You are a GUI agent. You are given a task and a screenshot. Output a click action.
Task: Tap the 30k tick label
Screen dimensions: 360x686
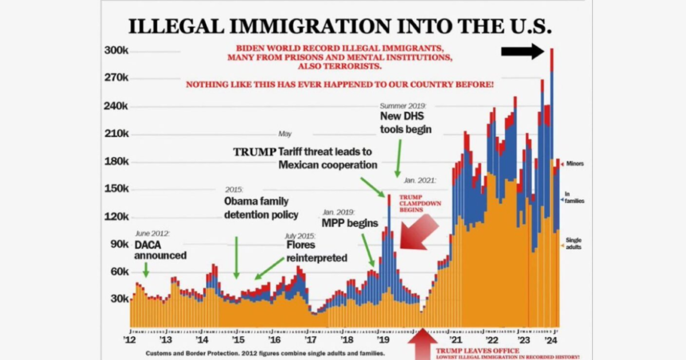click(x=119, y=299)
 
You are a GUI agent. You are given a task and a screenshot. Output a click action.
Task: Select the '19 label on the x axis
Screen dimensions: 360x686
click(x=383, y=340)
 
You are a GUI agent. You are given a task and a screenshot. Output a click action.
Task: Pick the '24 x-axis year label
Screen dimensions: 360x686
click(x=551, y=340)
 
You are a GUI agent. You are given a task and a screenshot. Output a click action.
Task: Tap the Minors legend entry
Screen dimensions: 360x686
click(x=575, y=164)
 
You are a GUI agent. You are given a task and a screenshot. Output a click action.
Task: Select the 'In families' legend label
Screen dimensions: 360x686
click(x=574, y=198)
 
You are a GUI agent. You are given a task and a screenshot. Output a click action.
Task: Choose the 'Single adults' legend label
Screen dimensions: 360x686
click(x=573, y=243)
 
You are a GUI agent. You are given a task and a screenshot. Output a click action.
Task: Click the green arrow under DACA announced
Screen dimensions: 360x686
click(x=146, y=270)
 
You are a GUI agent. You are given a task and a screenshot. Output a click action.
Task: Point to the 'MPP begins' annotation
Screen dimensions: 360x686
click(x=346, y=223)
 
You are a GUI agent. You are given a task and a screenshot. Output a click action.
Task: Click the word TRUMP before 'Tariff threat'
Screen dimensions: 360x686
click(x=254, y=152)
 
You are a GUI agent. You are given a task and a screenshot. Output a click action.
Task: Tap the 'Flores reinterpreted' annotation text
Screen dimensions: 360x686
click(x=316, y=251)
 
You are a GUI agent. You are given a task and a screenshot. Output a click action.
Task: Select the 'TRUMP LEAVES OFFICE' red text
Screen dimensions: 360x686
click(x=477, y=351)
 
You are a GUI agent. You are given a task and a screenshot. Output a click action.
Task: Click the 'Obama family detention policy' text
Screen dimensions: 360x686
click(x=261, y=208)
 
